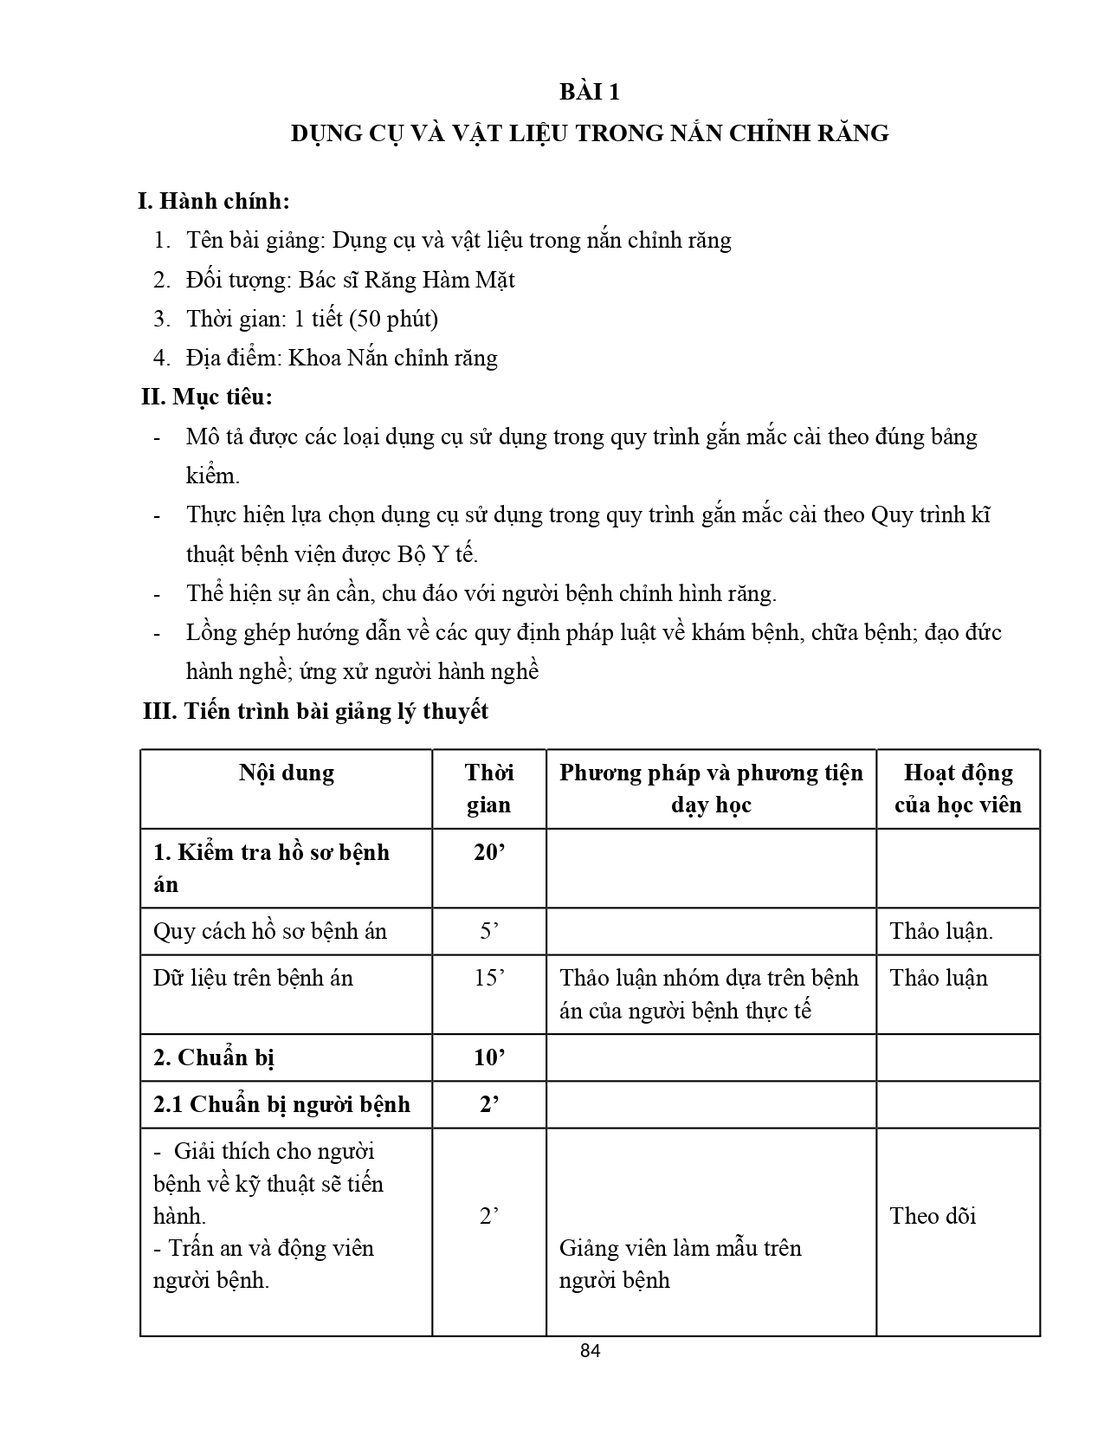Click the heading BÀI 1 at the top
(x=589, y=92)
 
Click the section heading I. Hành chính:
(x=214, y=201)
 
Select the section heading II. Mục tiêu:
(x=208, y=398)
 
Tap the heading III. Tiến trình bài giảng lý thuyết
(x=316, y=711)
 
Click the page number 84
(x=590, y=1351)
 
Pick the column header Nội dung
(x=287, y=773)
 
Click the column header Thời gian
(x=489, y=788)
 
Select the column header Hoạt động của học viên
(x=958, y=788)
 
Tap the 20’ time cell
(x=489, y=852)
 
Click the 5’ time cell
(x=489, y=931)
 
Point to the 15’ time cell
(x=489, y=978)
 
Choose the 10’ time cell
(x=489, y=1057)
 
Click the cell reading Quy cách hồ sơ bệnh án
(x=270, y=931)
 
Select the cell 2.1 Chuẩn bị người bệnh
(x=281, y=1104)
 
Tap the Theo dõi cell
(x=933, y=1216)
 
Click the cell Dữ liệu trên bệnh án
(x=254, y=978)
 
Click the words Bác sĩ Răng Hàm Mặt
(x=407, y=280)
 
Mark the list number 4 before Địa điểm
(x=161, y=359)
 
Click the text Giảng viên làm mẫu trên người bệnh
(x=680, y=1264)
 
